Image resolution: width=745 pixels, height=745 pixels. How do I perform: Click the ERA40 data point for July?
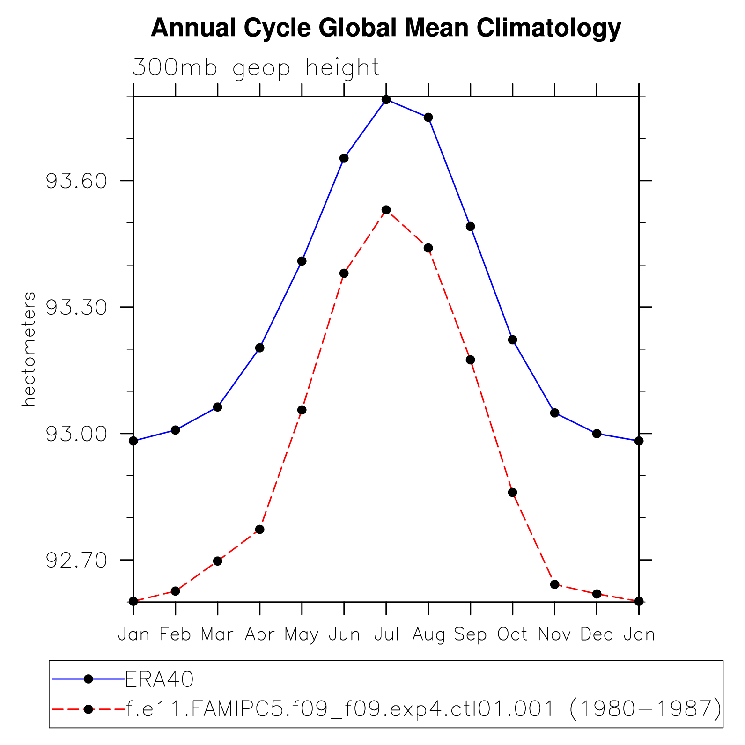tap(386, 99)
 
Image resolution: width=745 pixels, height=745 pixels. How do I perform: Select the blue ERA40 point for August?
tap(428, 117)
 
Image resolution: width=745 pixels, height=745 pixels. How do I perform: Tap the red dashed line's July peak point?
tap(386, 210)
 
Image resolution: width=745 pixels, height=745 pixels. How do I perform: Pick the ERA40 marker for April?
tap(260, 348)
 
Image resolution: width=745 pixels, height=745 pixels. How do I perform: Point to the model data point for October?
tap(512, 493)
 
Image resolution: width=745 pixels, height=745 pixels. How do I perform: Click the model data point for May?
tap(302, 410)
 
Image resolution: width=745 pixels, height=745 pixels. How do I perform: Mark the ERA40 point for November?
tap(554, 413)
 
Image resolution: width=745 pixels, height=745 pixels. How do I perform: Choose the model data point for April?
tap(260, 530)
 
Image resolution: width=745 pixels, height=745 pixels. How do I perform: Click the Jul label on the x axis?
tap(386, 634)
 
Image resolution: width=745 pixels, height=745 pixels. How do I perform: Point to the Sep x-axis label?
tap(471, 634)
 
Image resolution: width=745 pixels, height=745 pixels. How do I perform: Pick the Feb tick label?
tap(175, 634)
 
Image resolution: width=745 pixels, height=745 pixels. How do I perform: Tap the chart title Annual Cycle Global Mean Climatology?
tap(386, 28)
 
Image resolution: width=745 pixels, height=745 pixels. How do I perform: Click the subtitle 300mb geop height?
tap(256, 68)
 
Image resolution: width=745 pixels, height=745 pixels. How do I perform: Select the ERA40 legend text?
tap(160, 679)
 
